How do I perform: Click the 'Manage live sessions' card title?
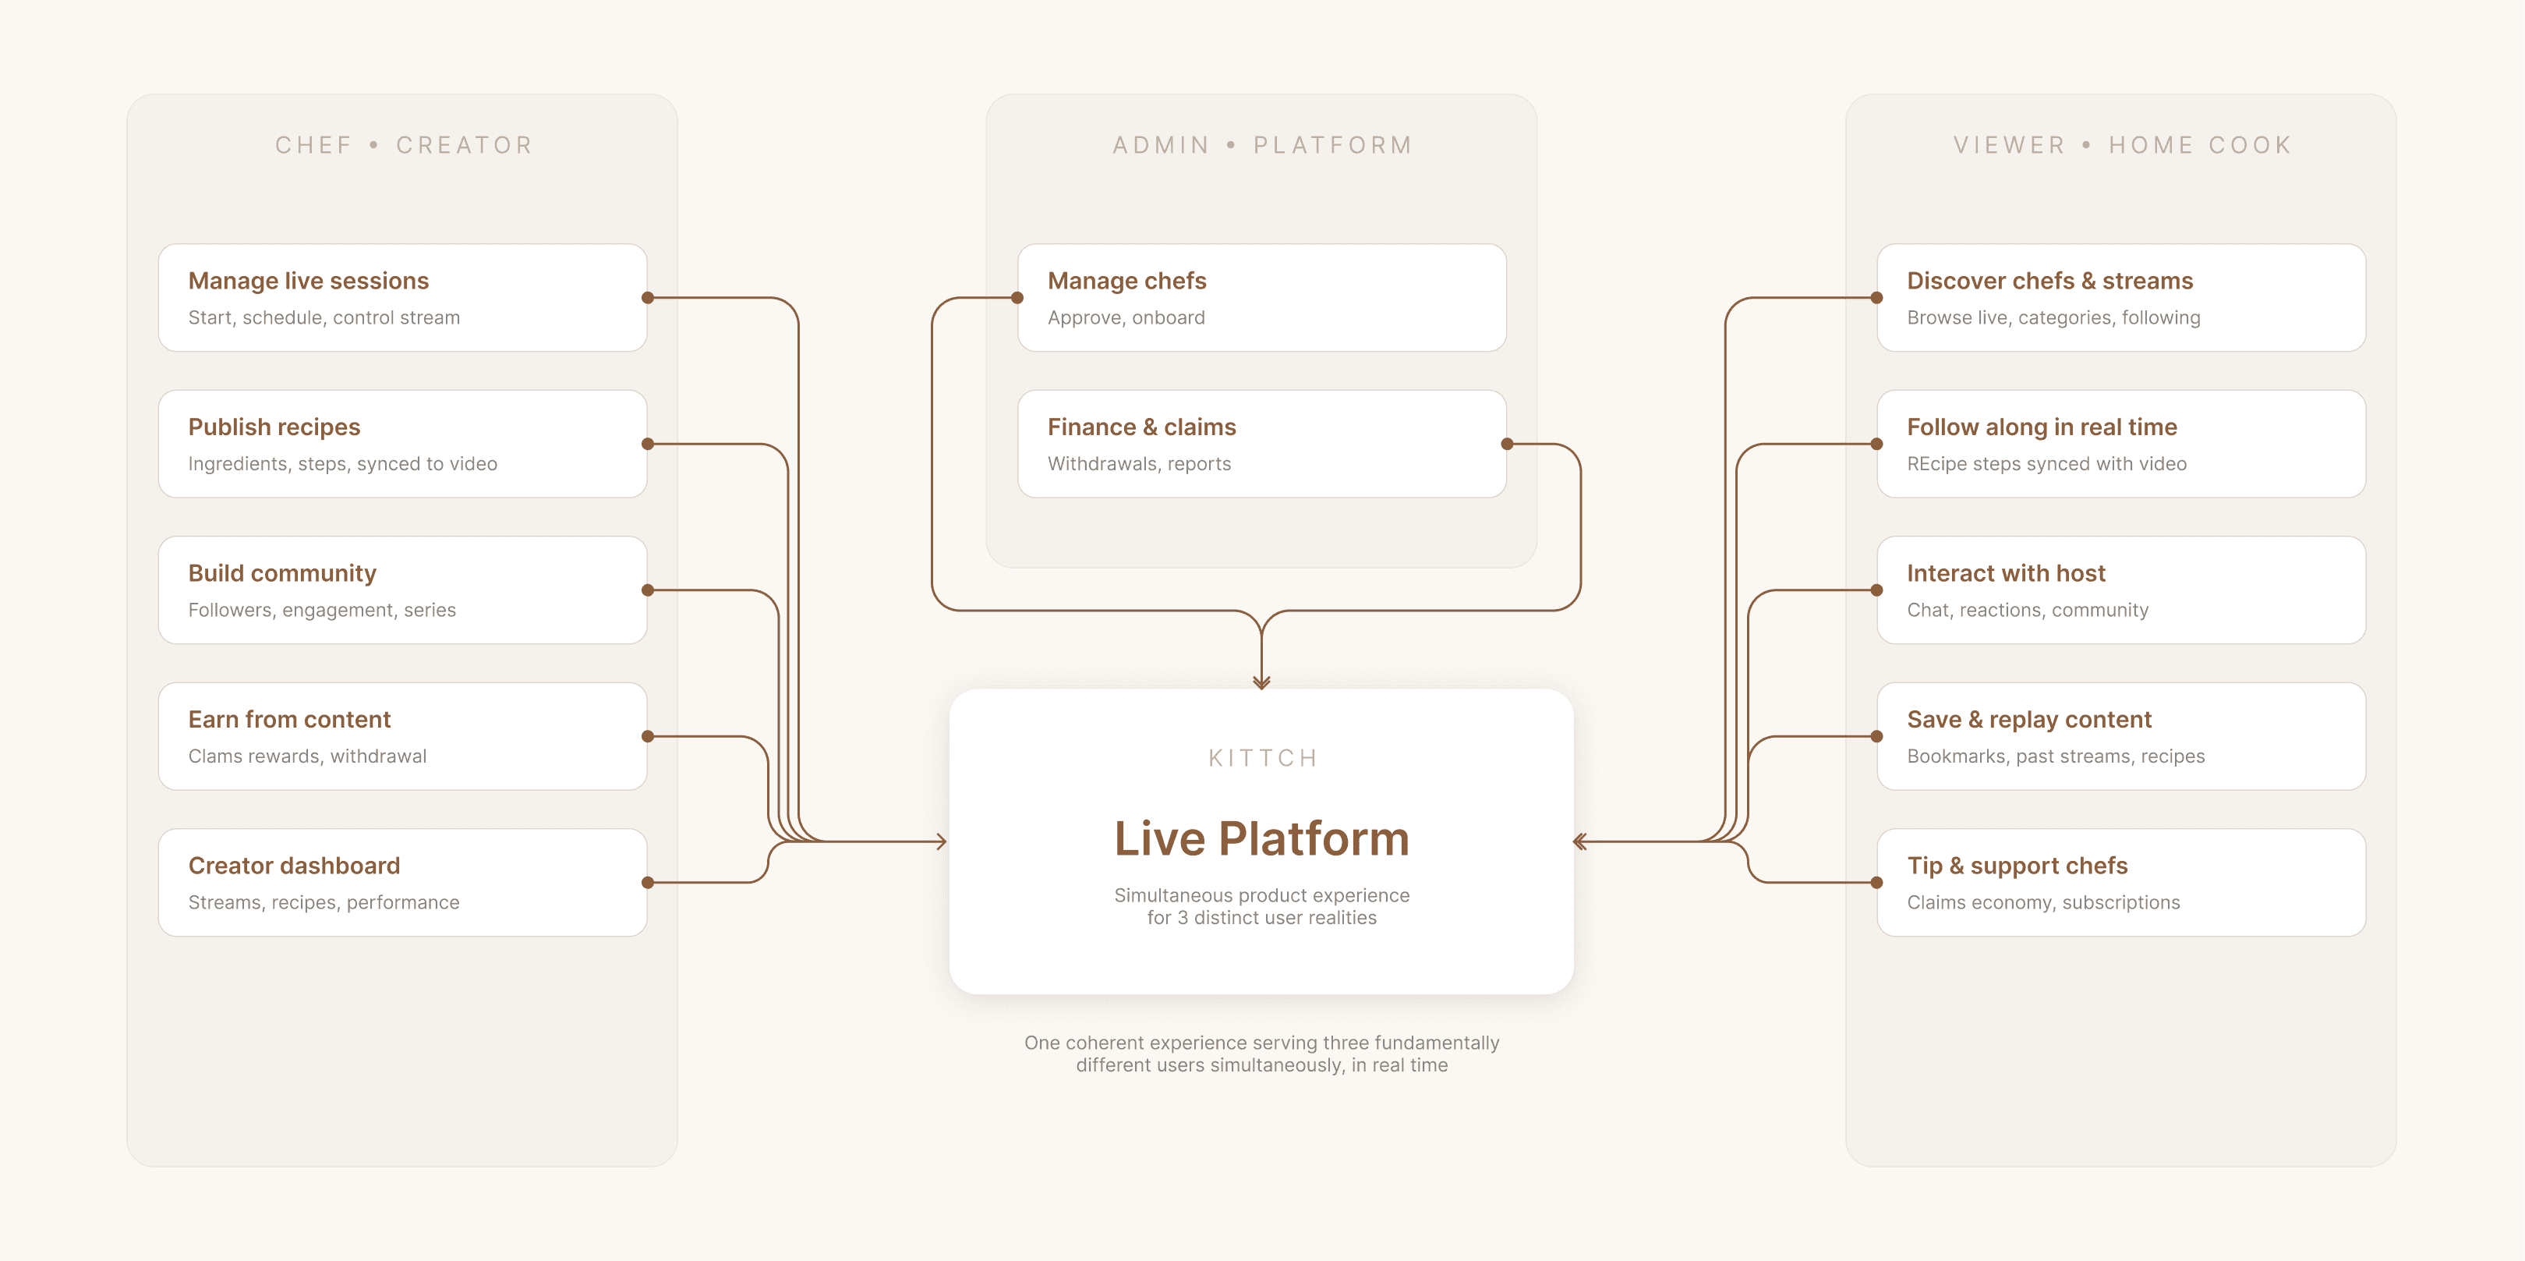click(x=308, y=281)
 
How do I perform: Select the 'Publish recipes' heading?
click(x=274, y=427)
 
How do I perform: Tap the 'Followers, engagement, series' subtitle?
click(x=321, y=610)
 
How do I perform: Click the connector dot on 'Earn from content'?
click(x=647, y=736)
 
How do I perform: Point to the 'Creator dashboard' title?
click(x=293, y=865)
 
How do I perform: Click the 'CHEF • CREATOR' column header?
click(x=403, y=145)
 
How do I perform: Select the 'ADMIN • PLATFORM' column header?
click(x=1261, y=145)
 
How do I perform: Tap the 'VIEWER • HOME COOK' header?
click(x=2121, y=145)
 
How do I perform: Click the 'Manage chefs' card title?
click(x=1126, y=281)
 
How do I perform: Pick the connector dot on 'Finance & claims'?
click(x=1507, y=445)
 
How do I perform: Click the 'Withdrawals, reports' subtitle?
click(x=1138, y=464)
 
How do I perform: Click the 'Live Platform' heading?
click(x=1261, y=838)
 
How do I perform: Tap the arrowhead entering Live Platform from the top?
click(x=1261, y=682)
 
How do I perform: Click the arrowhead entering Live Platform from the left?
click(x=941, y=841)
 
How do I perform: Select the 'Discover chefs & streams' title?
click(x=2049, y=281)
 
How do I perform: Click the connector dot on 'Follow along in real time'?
click(x=1876, y=445)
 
